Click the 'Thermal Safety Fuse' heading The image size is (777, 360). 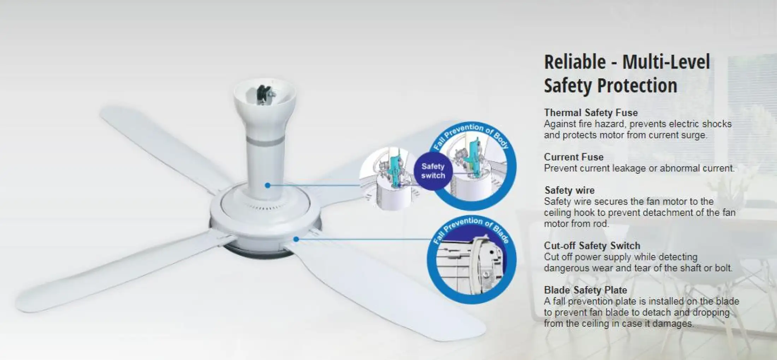pos(591,113)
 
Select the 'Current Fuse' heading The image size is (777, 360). pos(574,157)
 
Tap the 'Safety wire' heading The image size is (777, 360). pos(569,190)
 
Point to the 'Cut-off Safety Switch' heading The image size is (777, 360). pos(592,246)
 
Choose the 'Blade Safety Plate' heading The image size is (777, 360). pos(586,290)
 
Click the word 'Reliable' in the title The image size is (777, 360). pos(575,62)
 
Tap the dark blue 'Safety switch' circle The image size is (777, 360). pos(433,171)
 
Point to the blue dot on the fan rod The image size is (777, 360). pos(268,185)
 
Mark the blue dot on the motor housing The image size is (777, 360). pos(296,239)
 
